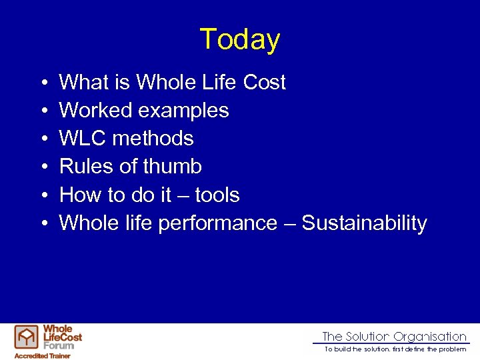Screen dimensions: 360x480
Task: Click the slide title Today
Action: point(239,39)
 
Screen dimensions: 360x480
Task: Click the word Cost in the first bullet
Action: point(265,82)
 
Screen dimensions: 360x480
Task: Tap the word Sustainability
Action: point(364,223)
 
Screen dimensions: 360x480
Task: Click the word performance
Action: point(217,223)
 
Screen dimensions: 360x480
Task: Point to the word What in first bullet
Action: point(83,82)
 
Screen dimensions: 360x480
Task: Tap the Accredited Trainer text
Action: point(43,355)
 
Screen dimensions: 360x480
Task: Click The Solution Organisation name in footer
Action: point(394,337)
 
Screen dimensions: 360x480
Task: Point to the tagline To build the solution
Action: point(395,349)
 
